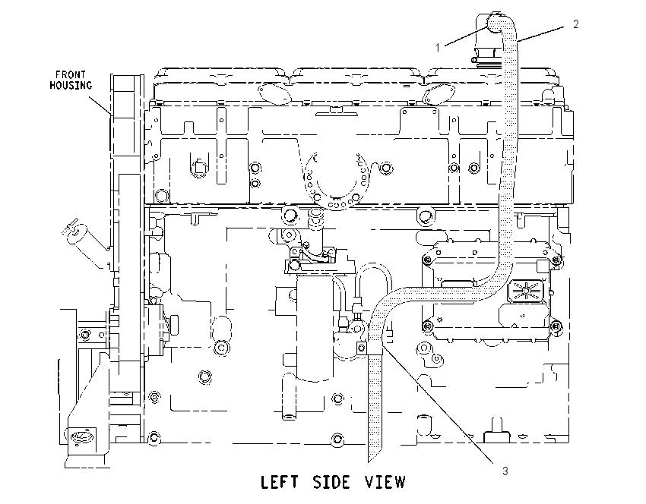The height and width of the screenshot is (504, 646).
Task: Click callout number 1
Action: (x=438, y=48)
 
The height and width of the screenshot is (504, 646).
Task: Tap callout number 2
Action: (x=576, y=24)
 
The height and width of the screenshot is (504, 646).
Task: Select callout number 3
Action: (x=505, y=471)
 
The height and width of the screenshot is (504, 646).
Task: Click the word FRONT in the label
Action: (x=71, y=75)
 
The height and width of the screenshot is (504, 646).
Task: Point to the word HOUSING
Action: (x=71, y=86)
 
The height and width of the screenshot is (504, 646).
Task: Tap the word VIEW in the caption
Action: (x=385, y=482)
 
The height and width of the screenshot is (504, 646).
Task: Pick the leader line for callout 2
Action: (x=540, y=34)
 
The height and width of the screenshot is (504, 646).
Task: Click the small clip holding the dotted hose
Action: (x=362, y=348)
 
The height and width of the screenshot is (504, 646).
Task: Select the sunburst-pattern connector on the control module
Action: (x=525, y=291)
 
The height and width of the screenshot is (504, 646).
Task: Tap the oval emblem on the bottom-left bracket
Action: (x=82, y=436)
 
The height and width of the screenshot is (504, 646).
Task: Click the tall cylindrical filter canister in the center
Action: (x=315, y=325)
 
